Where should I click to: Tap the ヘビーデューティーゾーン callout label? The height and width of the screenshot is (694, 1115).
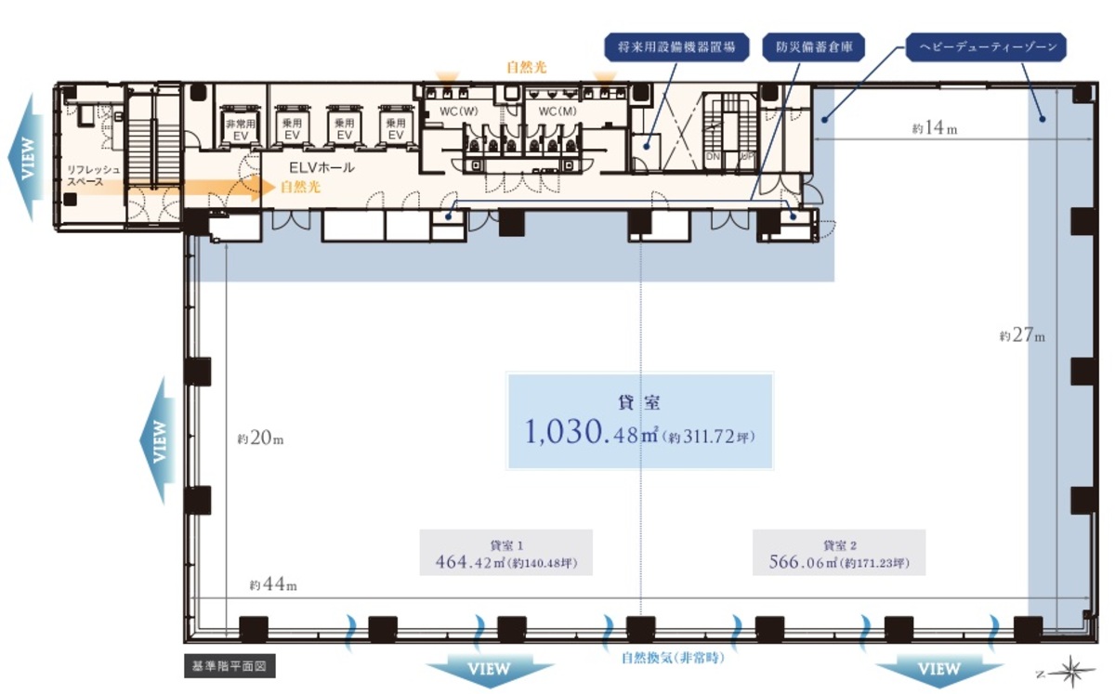point(986,47)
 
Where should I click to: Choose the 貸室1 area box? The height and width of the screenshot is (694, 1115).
point(505,554)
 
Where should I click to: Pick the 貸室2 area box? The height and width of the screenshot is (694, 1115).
point(839,554)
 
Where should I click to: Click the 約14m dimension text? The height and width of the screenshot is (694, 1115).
point(934,128)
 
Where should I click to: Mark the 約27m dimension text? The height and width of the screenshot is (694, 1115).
point(1022,335)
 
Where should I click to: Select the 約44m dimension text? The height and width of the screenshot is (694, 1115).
point(272,585)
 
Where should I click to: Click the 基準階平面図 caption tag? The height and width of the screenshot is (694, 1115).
point(229,666)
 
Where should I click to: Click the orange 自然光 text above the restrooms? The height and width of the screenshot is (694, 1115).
point(526,68)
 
